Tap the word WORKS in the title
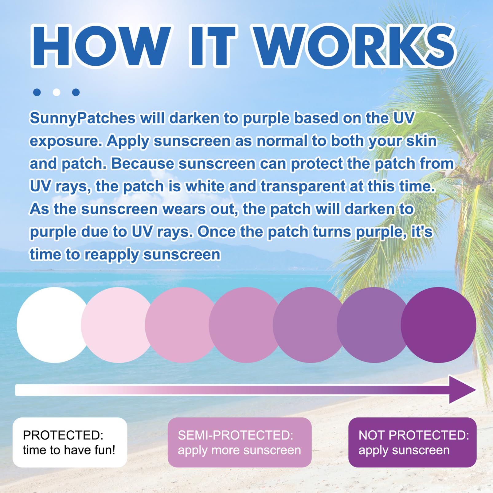355,46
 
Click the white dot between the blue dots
57,92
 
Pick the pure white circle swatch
55,325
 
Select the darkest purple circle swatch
438,325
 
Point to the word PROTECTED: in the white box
63,435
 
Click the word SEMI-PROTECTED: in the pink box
236,435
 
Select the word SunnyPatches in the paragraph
83,119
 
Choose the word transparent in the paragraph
303,186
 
